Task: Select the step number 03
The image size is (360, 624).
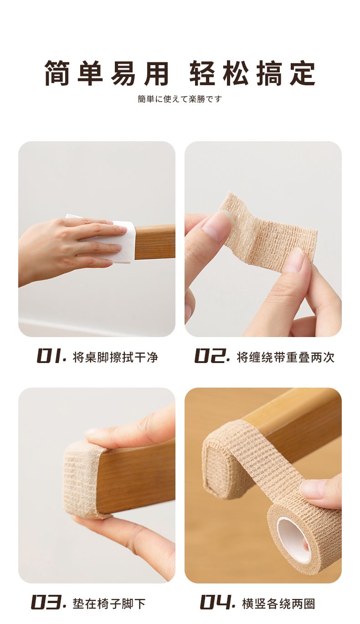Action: (x=48, y=602)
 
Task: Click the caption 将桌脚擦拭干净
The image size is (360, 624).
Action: (x=115, y=357)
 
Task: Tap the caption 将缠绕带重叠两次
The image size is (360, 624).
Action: (x=285, y=357)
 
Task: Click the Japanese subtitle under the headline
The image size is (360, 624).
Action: (x=180, y=99)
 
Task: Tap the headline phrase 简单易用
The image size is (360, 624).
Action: (x=107, y=73)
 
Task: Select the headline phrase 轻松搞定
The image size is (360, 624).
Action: (x=252, y=73)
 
